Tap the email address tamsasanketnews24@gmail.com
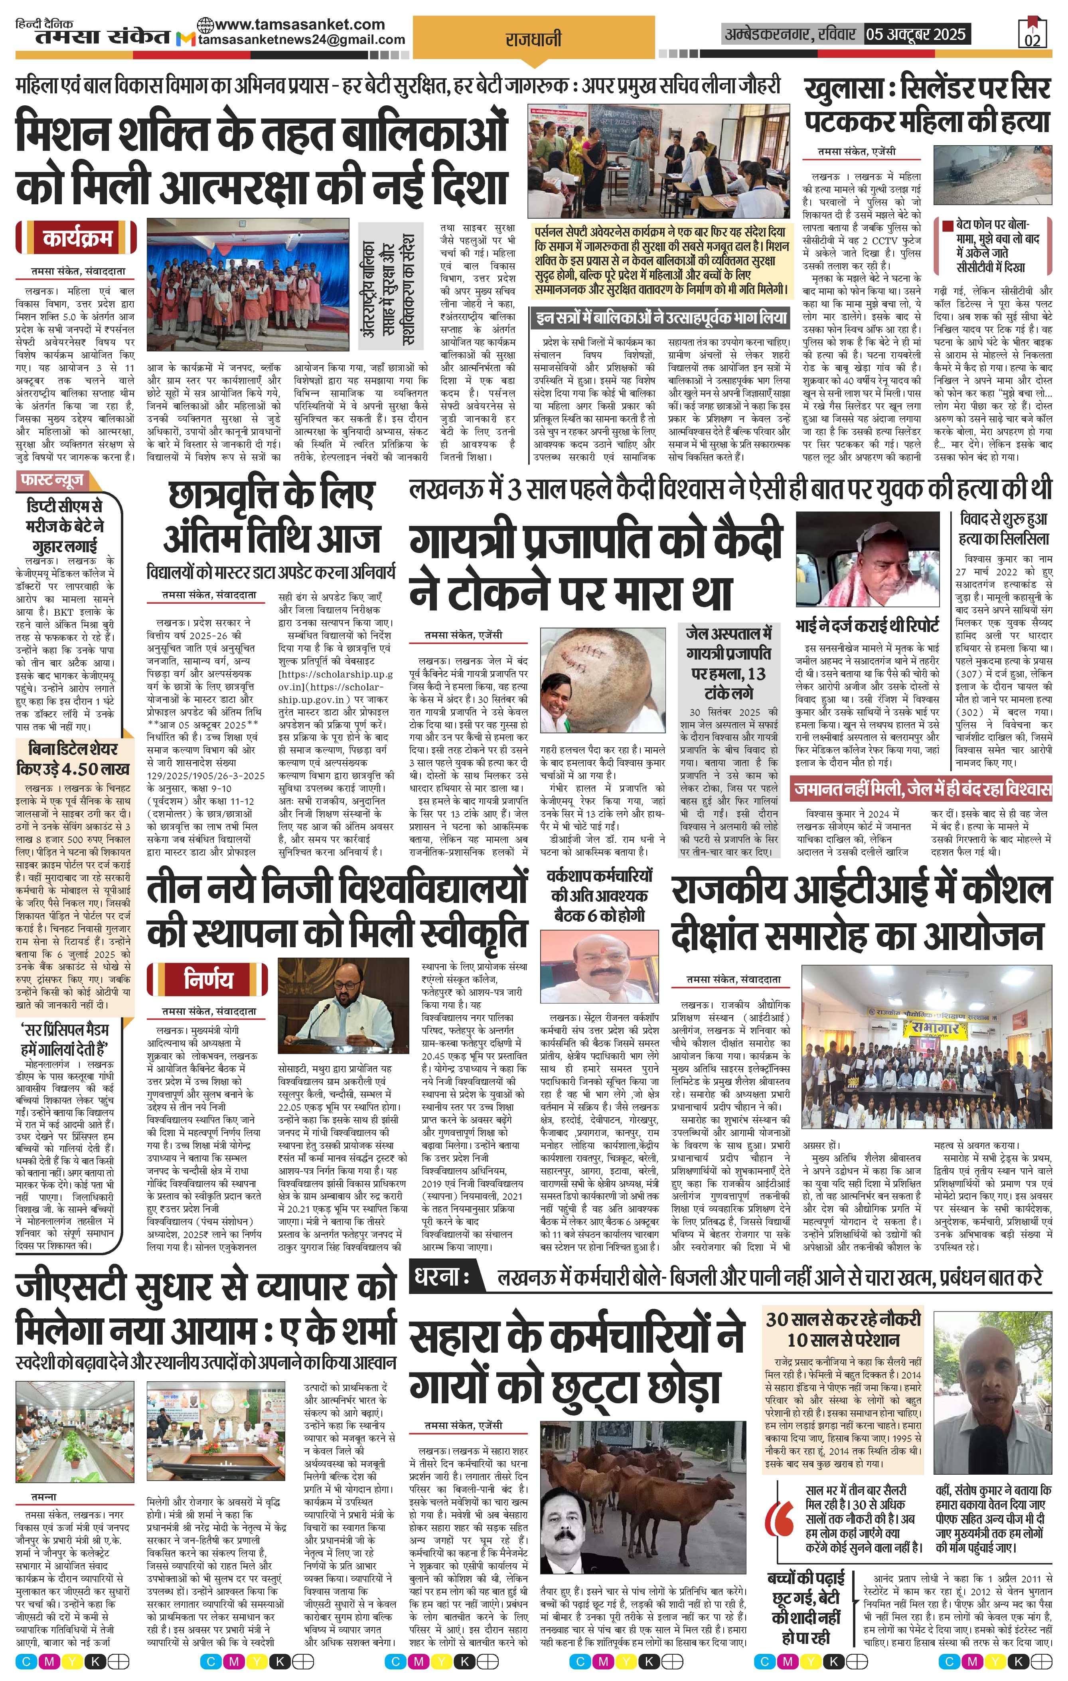pos(302,40)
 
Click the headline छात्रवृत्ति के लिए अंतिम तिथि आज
pos(272,517)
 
